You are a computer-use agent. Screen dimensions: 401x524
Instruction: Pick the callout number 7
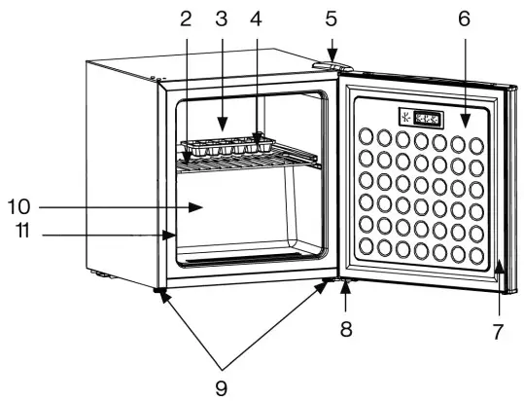(497, 333)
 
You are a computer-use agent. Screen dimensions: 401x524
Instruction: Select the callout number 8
(345, 329)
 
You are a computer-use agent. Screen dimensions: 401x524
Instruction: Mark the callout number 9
(222, 386)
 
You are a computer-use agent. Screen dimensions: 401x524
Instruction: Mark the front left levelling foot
(157, 290)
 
